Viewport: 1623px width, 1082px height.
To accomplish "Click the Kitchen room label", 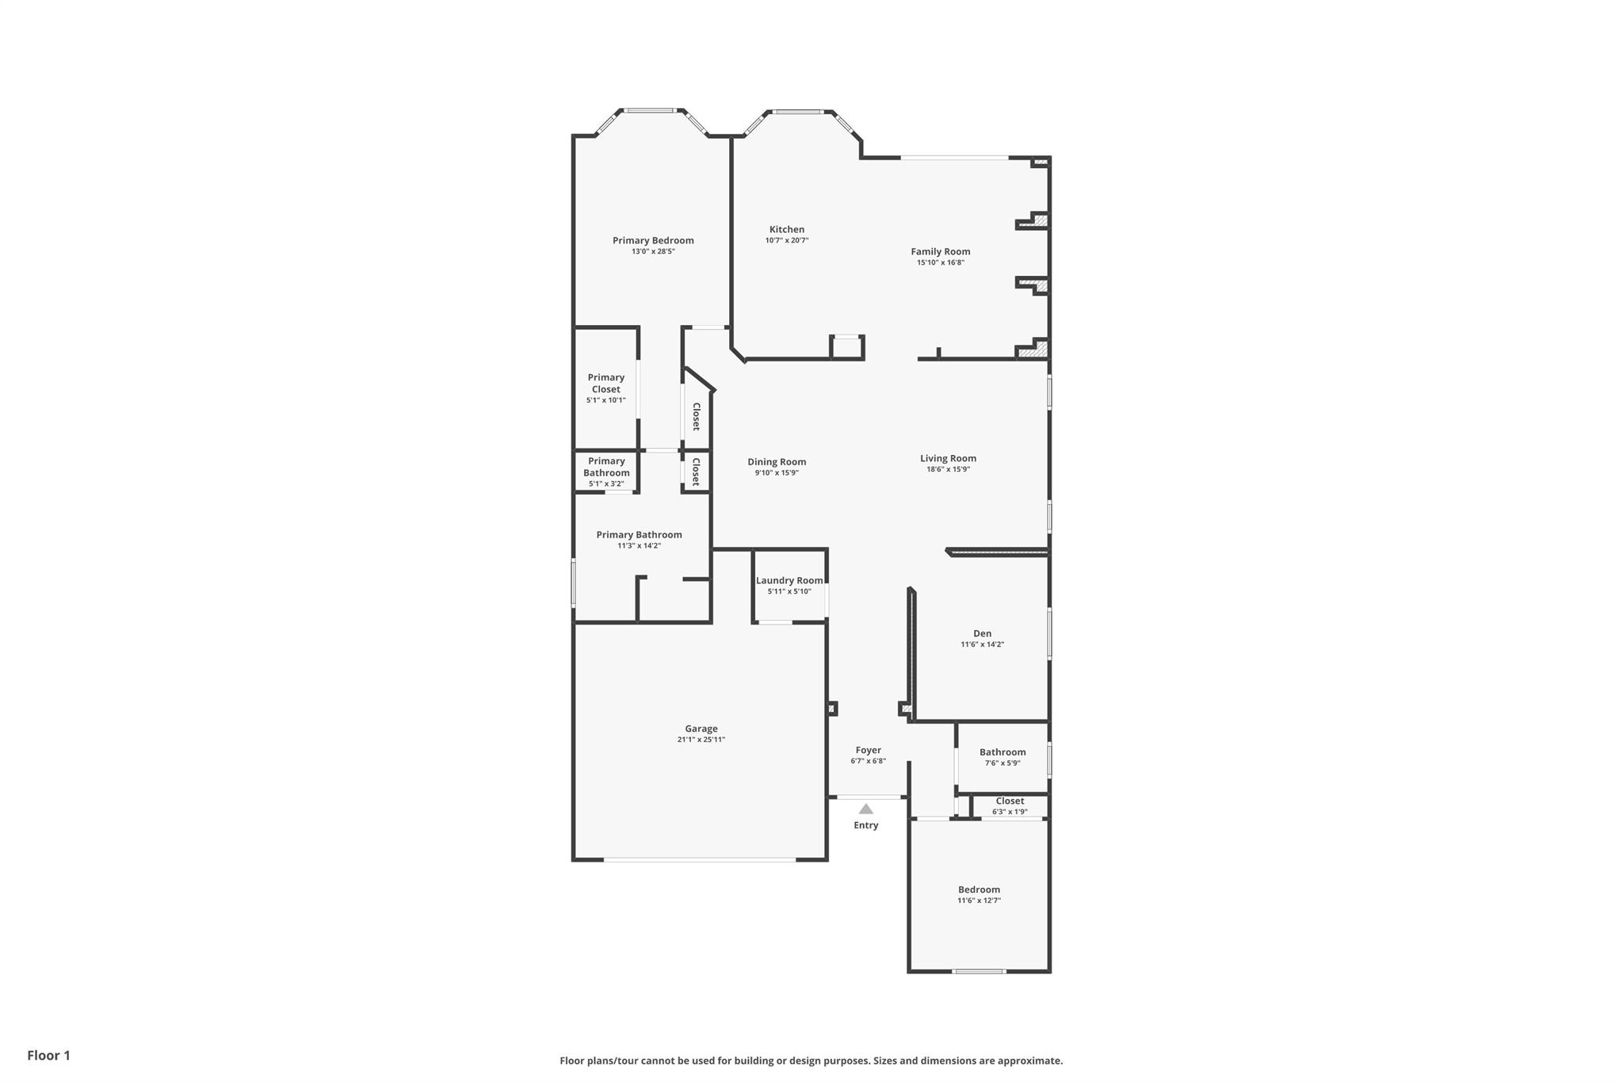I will (786, 230).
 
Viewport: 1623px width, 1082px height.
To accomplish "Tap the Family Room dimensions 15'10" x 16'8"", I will (940, 262).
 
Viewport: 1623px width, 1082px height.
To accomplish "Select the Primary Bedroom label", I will (652, 241).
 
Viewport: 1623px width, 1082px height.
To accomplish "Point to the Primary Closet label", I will (605, 384).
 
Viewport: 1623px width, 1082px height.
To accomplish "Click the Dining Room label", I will (776, 462).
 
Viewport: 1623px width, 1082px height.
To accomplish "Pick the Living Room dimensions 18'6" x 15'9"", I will (948, 469).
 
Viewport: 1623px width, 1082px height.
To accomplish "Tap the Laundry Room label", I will (789, 580).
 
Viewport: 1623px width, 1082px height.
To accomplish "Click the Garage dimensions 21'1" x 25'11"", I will (701, 740).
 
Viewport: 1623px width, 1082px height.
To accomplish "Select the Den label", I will (982, 633).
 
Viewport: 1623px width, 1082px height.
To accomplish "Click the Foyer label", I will (868, 750).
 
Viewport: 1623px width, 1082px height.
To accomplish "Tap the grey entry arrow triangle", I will (865, 809).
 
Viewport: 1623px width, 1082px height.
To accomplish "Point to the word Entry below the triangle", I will (865, 825).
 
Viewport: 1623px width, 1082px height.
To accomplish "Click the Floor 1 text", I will (48, 1055).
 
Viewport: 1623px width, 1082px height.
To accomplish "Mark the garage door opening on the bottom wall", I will (699, 859).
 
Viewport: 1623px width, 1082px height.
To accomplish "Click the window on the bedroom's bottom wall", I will (978, 971).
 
